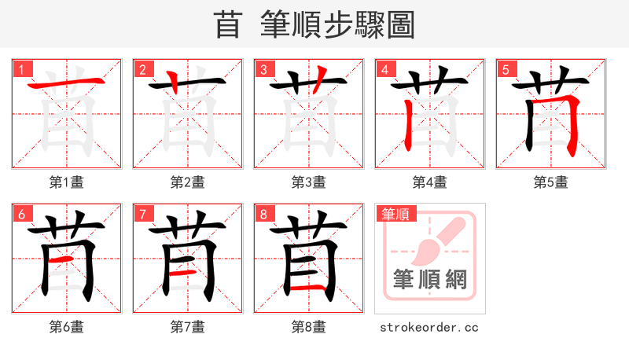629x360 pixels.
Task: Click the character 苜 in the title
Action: (227, 24)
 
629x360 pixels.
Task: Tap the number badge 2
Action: (142, 69)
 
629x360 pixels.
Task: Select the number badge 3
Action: (263, 69)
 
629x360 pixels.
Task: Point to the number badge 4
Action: (384, 69)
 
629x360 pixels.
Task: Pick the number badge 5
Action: (506, 69)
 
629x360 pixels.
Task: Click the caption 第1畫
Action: (67, 182)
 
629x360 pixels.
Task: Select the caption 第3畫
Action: (309, 182)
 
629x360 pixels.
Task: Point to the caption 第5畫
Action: (551, 182)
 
